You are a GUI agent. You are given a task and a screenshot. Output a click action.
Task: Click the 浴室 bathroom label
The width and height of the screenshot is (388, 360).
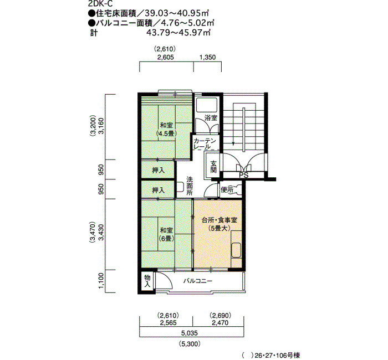211,118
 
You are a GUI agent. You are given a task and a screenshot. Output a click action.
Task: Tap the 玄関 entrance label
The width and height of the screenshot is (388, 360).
213,167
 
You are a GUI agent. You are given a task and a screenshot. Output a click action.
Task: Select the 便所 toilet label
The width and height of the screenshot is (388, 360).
227,190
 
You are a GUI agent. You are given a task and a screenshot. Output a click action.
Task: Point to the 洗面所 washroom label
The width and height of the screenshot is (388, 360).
190,186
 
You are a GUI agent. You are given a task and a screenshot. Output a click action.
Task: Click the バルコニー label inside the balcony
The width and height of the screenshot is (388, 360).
198,281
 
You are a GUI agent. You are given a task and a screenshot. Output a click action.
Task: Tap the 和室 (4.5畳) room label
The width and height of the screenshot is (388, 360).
166,129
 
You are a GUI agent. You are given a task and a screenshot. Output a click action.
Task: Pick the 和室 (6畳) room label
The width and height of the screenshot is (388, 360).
166,235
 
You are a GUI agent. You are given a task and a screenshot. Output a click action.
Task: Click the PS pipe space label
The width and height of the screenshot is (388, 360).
243,176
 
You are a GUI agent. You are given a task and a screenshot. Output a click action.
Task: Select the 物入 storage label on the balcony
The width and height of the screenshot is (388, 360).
147,281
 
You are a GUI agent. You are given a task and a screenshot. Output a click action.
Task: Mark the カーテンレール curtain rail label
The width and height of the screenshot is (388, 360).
205,144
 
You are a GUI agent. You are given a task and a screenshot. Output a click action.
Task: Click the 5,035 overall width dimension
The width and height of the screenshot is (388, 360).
190,333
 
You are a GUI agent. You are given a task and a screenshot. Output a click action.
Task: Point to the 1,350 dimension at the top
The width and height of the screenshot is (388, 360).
207,58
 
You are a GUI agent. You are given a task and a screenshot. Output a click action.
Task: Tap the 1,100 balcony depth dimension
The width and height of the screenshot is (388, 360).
101,281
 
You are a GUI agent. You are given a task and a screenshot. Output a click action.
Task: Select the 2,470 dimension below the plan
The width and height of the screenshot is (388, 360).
220,323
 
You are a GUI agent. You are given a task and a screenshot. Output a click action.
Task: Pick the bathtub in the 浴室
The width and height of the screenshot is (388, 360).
207,105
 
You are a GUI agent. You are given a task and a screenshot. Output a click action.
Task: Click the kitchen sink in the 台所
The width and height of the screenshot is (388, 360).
236,251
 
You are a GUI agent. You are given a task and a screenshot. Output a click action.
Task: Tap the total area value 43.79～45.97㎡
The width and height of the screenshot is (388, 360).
178,32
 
